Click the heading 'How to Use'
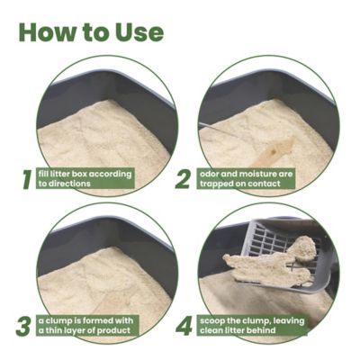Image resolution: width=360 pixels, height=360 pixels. (90, 32)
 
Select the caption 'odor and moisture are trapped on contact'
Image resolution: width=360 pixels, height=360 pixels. (252, 177)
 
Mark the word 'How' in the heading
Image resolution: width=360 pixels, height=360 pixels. (45, 32)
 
